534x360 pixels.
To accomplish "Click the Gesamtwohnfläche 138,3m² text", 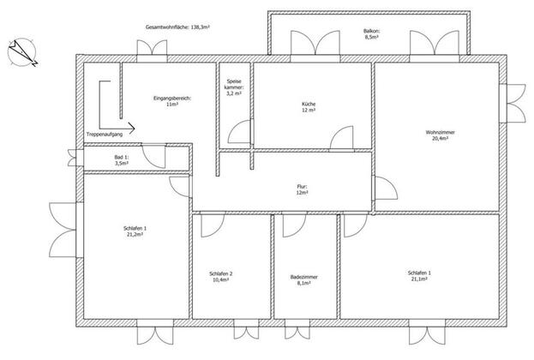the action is coord(177,27).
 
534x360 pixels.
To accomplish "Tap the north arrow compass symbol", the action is coord(22,52).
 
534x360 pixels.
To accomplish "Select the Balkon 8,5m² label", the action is coord(371,33).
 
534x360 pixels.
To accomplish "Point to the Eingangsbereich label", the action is coord(172,101).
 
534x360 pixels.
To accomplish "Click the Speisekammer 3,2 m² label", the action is coord(234,87).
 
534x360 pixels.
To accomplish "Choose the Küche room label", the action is coord(309,107).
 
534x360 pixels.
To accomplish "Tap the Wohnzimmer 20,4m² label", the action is coord(440,135).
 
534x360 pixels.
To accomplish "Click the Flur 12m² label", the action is coord(302,189).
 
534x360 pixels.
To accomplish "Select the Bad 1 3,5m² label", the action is coord(121,160).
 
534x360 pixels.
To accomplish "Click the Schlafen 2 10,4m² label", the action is coord(220,277).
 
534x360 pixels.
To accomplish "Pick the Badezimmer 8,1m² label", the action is coord(303,280).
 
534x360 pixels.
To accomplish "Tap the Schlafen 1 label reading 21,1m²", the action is coord(419,275).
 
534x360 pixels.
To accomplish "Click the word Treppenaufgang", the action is coord(105,135).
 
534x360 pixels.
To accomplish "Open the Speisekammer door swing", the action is coord(240,131).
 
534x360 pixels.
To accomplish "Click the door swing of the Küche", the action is coord(342,138).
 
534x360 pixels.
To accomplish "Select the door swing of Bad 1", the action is coord(153,156).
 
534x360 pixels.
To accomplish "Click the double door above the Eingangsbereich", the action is coord(152,48).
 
